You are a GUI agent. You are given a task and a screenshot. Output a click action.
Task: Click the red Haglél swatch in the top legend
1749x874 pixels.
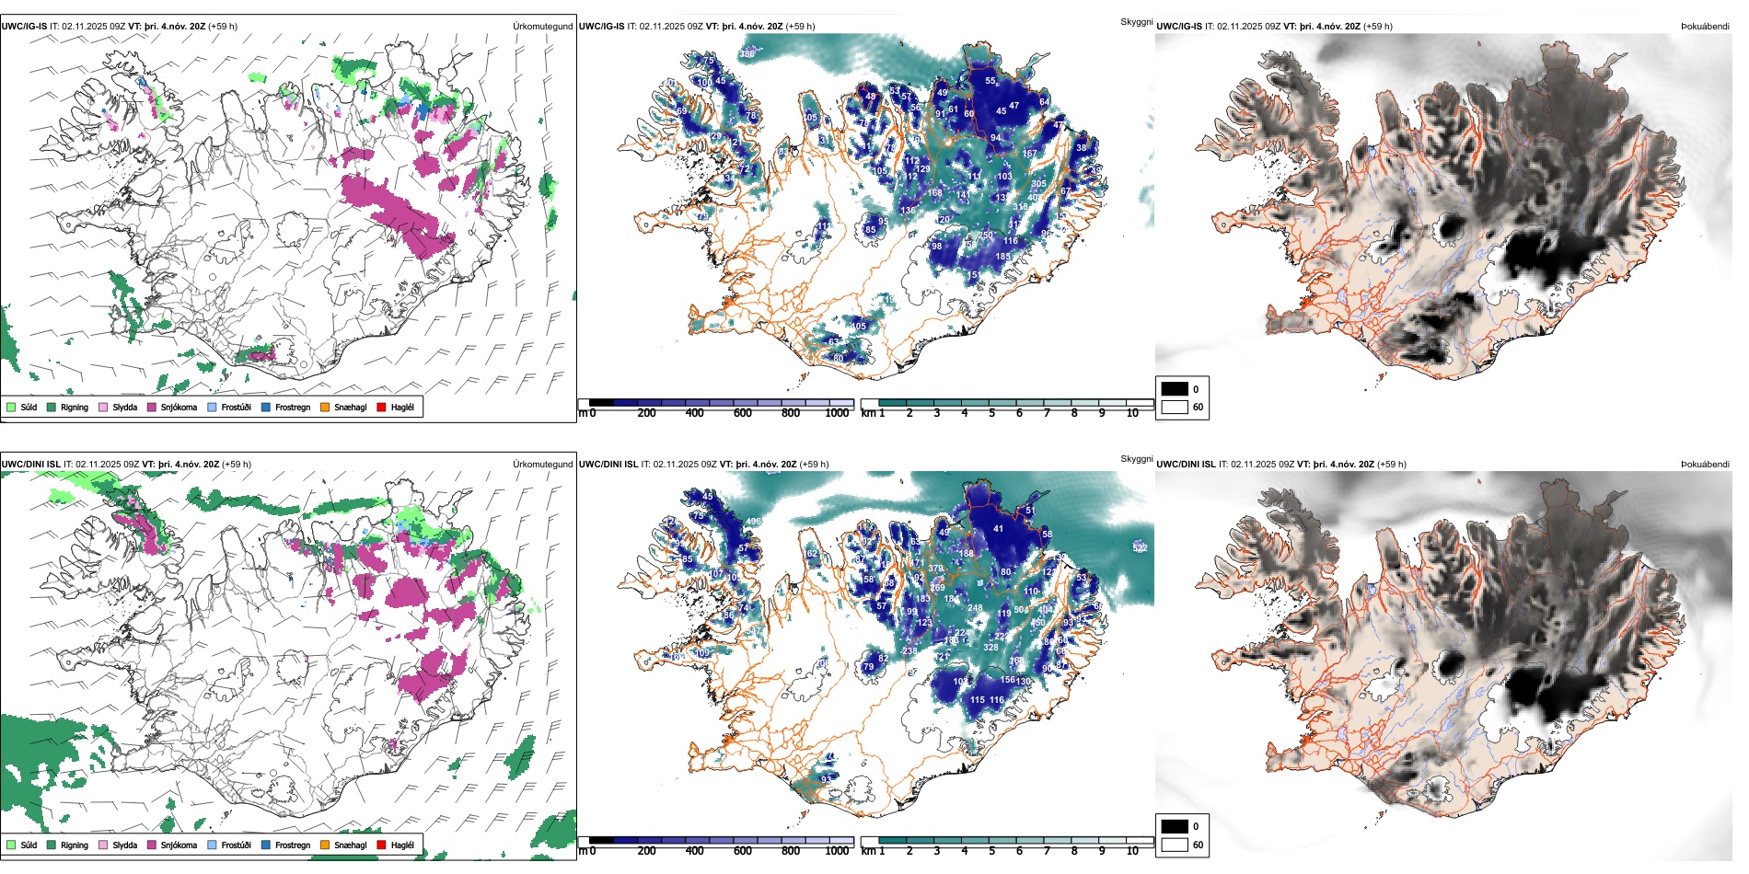pyautogui.click(x=381, y=407)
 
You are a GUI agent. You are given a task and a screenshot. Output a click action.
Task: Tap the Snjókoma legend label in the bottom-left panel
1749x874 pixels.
pyautogui.click(x=179, y=845)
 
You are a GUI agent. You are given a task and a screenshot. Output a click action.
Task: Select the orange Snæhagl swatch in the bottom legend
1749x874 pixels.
pyautogui.click(x=325, y=845)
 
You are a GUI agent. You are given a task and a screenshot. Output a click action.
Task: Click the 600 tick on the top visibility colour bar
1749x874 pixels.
pyautogui.click(x=742, y=413)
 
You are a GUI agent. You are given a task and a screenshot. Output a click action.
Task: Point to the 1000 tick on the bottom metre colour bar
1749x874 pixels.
pyautogui.click(x=837, y=851)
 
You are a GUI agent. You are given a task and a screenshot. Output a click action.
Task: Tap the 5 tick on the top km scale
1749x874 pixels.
pyautogui.click(x=991, y=413)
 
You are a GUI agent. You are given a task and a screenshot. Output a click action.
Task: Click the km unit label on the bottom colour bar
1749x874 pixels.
pyautogui.click(x=868, y=851)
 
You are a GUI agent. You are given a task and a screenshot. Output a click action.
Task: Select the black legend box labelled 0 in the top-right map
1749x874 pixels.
pyautogui.click(x=1175, y=389)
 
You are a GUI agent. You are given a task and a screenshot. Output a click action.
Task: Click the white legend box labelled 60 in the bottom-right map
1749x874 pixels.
pyautogui.click(x=1175, y=845)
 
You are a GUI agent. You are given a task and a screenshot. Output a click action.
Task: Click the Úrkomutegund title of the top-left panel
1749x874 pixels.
pyautogui.click(x=542, y=26)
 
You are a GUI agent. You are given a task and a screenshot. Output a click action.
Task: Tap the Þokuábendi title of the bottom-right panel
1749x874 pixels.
pyautogui.click(x=1705, y=464)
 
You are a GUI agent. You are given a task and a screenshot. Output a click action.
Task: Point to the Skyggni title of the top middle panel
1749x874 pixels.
pyautogui.click(x=1136, y=21)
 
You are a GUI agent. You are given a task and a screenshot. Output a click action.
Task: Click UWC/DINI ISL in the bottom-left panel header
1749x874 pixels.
pyautogui.click(x=30, y=464)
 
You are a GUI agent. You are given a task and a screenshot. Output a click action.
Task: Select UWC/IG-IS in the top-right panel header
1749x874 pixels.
pyautogui.click(x=1179, y=26)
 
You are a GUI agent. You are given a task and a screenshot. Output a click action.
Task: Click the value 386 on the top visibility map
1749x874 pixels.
pyautogui.click(x=747, y=54)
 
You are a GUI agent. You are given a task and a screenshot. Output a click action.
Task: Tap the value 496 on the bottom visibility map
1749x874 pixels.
pyautogui.click(x=754, y=522)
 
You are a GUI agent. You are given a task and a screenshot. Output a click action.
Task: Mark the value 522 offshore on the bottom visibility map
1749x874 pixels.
pyautogui.click(x=1140, y=547)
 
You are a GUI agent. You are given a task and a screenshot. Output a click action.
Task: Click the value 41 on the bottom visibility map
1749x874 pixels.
pyautogui.click(x=998, y=529)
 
